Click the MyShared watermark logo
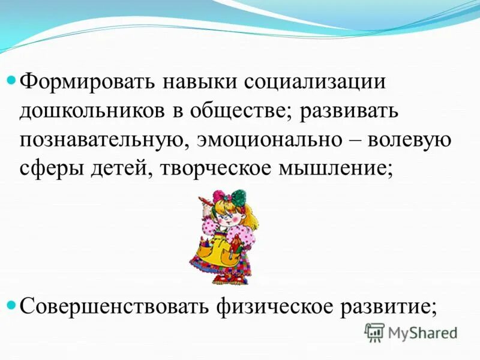(411, 332)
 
